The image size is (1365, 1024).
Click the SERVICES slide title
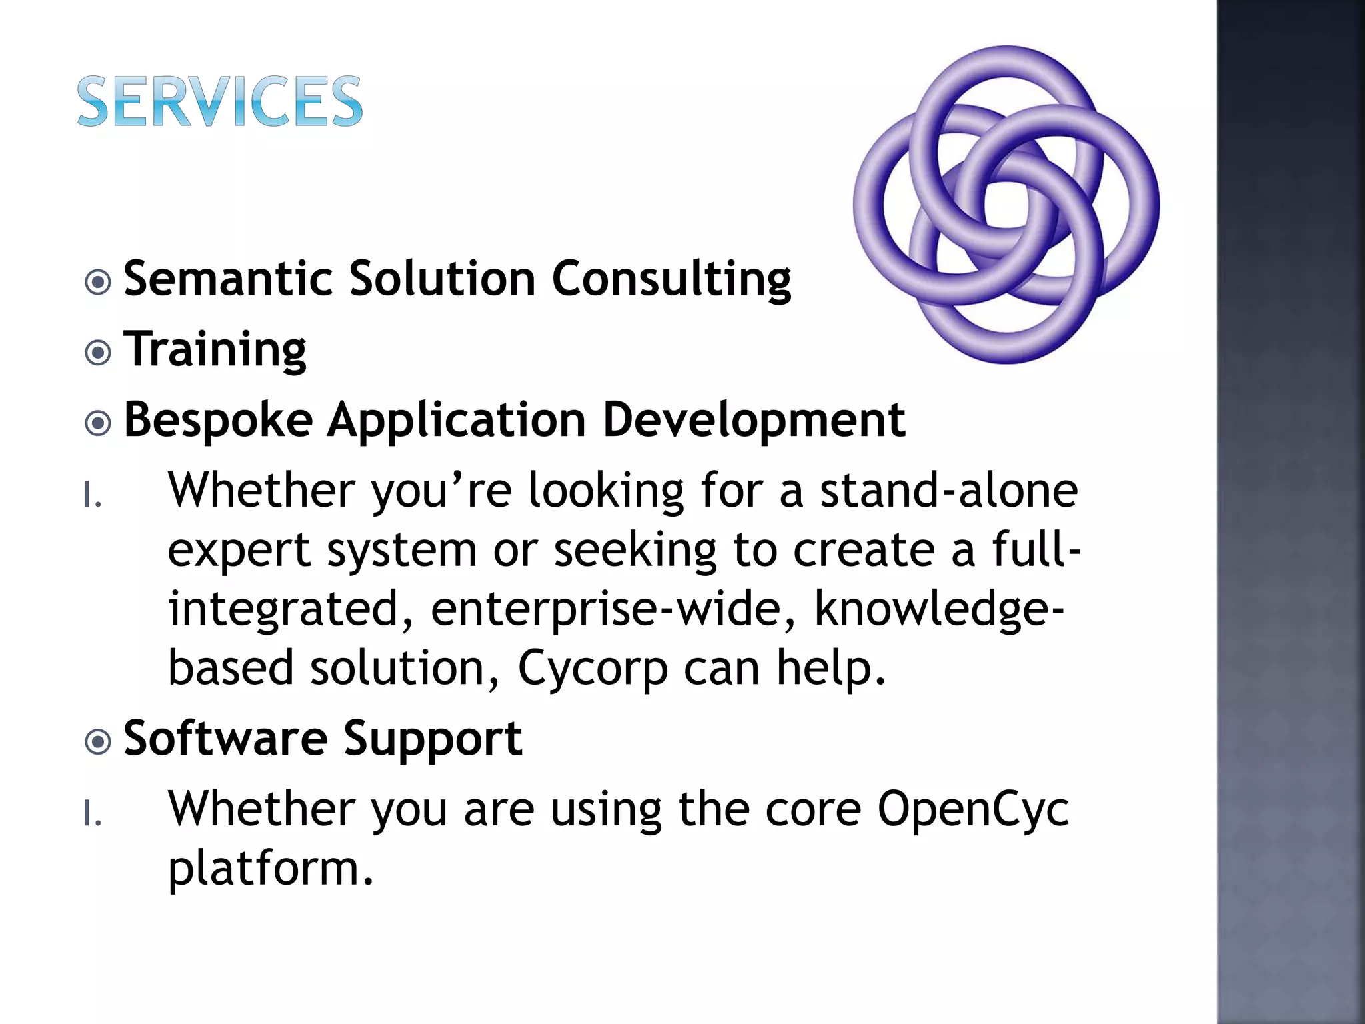(x=220, y=101)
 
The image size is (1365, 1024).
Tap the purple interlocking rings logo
(x=1006, y=205)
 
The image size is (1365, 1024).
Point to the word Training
(x=215, y=349)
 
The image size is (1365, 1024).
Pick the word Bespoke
(x=218, y=421)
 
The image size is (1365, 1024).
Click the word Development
(x=753, y=421)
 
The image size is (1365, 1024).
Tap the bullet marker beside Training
(x=99, y=353)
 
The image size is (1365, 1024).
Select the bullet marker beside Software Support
(x=99, y=741)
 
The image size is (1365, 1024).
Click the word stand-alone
(x=948, y=491)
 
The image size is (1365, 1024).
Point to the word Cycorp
(x=593, y=669)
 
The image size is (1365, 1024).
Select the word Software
(x=226, y=739)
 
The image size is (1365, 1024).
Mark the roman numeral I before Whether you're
(x=93, y=496)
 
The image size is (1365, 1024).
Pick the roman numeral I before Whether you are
(x=93, y=815)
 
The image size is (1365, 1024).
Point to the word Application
(x=457, y=421)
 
